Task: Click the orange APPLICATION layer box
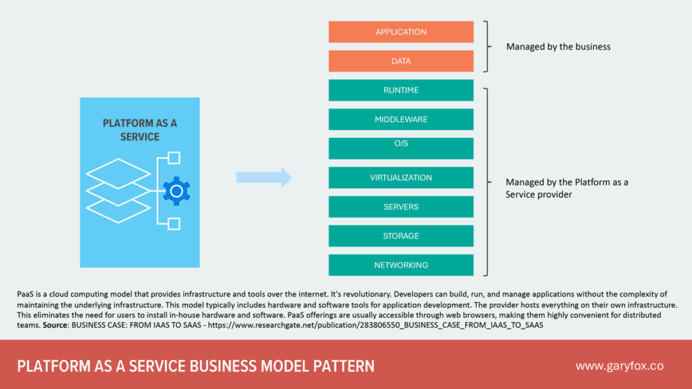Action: [401, 32]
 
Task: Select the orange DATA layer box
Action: [401, 61]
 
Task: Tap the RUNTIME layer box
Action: [401, 90]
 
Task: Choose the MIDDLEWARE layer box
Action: [401, 120]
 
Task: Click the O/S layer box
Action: [401, 148]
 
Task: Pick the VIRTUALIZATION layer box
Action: [401, 178]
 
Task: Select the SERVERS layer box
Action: [401, 207]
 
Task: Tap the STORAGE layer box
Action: [401, 236]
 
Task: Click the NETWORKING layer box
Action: [401, 265]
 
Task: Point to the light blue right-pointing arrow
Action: [264, 178]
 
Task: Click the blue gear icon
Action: [176, 191]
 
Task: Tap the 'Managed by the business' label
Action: [558, 47]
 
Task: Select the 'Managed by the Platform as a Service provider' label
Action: [566, 188]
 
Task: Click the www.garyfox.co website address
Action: [619, 366]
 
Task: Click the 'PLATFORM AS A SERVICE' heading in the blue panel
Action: [140, 130]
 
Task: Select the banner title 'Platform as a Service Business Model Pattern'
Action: [195, 366]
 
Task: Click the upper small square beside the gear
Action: [174, 158]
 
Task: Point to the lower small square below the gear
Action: [174, 224]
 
